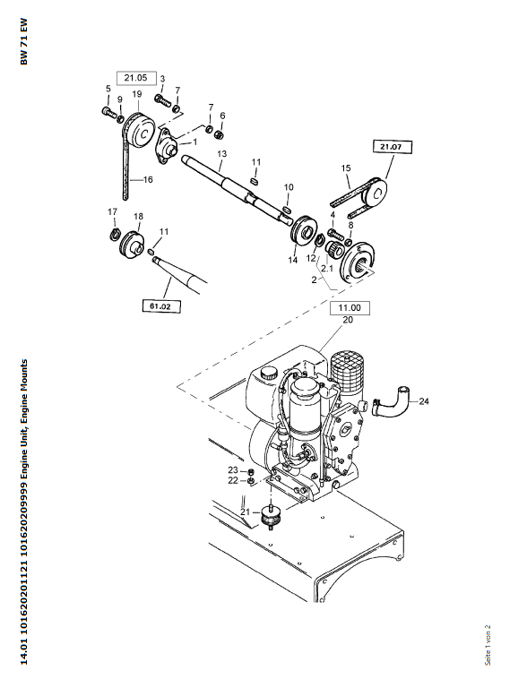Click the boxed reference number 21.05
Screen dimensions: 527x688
point(135,78)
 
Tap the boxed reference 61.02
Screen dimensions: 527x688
point(161,305)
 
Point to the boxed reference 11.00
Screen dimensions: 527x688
point(350,308)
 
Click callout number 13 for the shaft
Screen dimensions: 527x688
point(221,154)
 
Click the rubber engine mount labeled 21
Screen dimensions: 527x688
point(272,518)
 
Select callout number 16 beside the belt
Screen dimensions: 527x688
point(148,179)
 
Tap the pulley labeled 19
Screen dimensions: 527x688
point(138,130)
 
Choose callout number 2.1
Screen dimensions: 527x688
point(327,268)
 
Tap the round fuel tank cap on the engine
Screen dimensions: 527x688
point(269,374)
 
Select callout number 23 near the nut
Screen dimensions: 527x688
point(233,470)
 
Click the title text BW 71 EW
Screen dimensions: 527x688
point(23,42)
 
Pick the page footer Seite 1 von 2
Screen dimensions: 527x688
point(488,645)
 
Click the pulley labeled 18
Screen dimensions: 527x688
point(132,245)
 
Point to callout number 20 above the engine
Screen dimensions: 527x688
point(348,320)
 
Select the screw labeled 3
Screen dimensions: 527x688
point(162,99)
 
